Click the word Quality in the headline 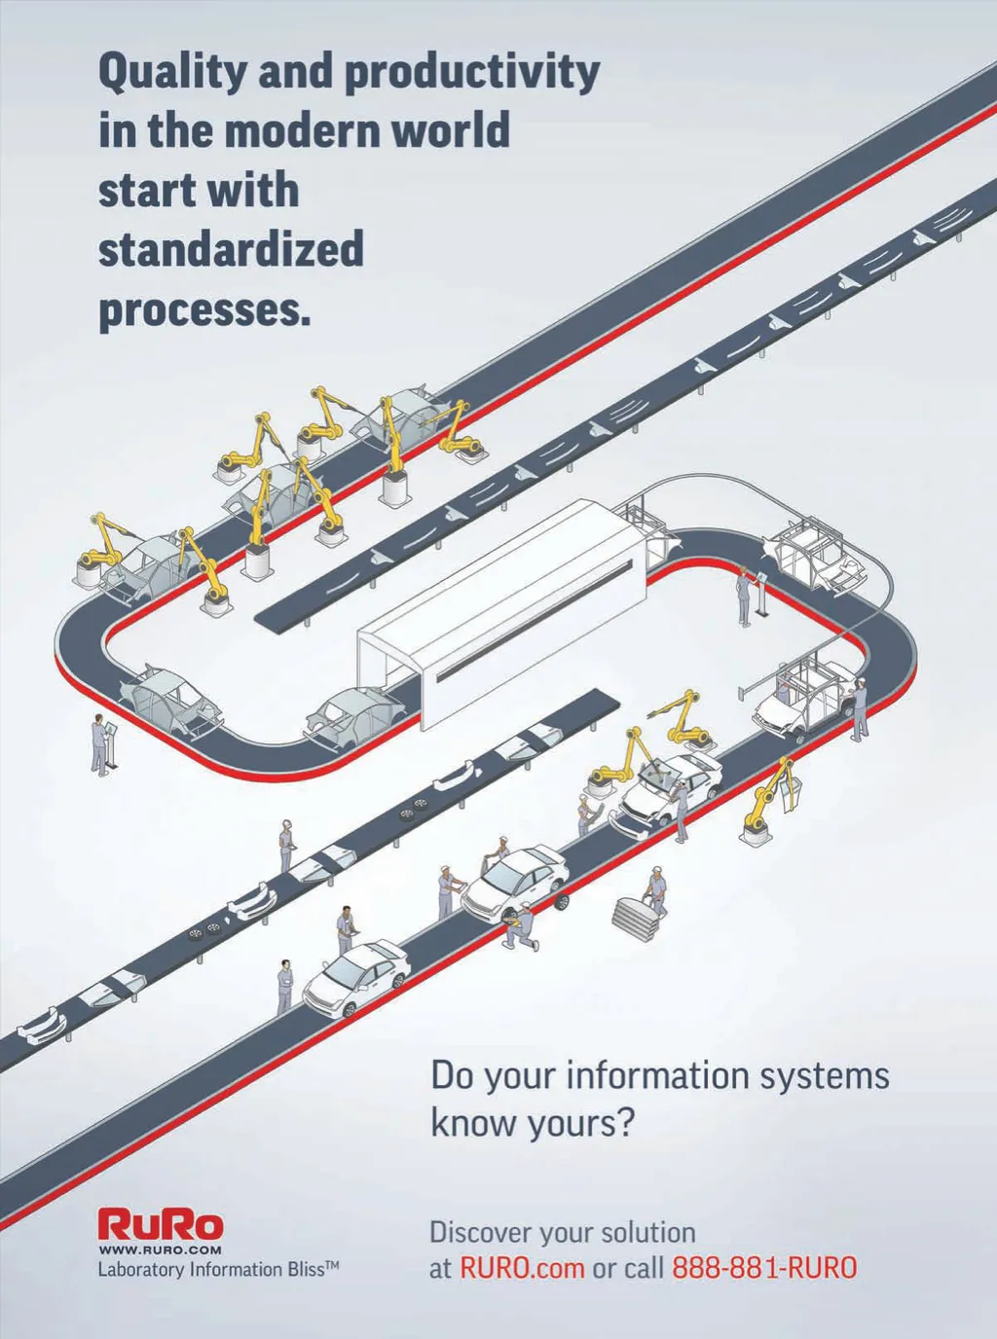(156, 73)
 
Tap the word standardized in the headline (231, 250)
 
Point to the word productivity (472, 73)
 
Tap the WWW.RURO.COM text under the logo (161, 1249)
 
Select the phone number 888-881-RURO (764, 1268)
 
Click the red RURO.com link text (522, 1268)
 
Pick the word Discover (481, 1233)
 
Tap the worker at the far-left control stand (100, 744)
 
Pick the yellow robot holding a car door (769, 798)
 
